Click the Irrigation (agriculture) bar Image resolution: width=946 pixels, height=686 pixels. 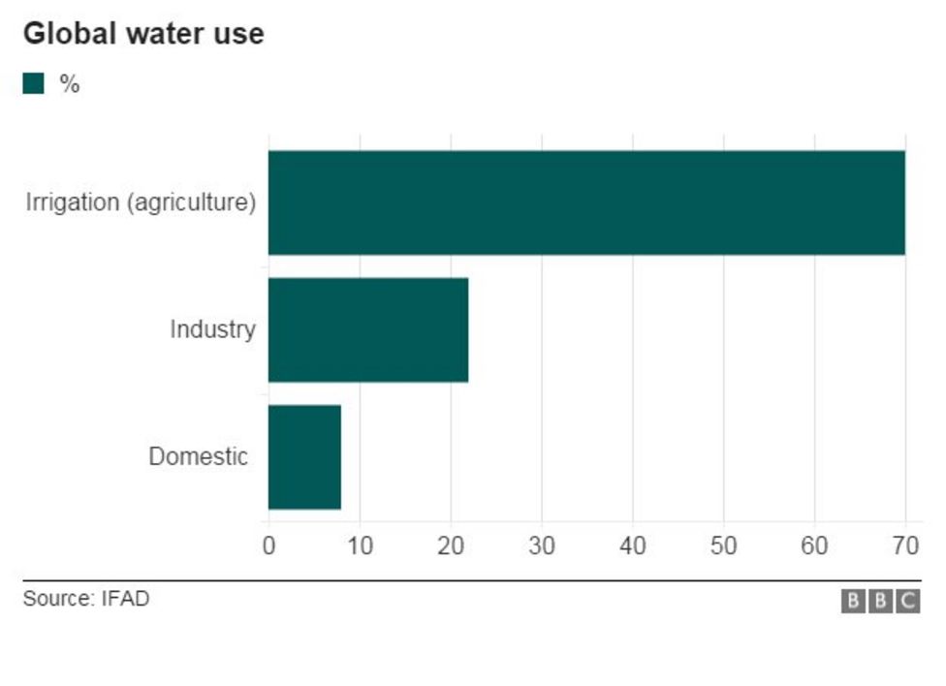click(x=586, y=203)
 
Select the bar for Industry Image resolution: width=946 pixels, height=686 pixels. click(x=368, y=330)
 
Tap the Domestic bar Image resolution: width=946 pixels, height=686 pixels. click(x=304, y=457)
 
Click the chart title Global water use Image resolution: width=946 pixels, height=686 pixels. click(x=143, y=34)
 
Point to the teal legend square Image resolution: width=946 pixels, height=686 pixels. click(x=34, y=84)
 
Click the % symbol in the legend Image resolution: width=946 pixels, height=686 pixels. click(x=69, y=84)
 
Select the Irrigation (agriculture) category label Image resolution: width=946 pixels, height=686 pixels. click(x=142, y=203)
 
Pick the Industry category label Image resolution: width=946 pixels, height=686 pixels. click(x=212, y=329)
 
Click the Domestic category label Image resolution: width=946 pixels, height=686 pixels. click(x=199, y=456)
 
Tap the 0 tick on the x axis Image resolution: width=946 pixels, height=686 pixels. click(x=269, y=546)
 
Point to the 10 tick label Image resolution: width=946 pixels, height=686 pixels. click(x=360, y=546)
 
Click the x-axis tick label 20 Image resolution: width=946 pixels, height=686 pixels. click(x=451, y=546)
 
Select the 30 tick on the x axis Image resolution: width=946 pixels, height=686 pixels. click(x=542, y=546)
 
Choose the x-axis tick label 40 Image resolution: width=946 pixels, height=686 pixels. click(x=633, y=546)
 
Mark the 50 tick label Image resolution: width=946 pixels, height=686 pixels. click(x=724, y=546)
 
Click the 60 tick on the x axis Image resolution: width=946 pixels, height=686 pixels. click(x=814, y=546)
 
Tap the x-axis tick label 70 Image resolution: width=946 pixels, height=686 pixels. click(x=905, y=546)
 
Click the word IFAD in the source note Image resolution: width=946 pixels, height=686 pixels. click(x=126, y=599)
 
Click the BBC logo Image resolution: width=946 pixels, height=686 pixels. click(x=880, y=601)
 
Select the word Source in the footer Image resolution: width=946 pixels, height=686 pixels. click(x=56, y=599)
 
